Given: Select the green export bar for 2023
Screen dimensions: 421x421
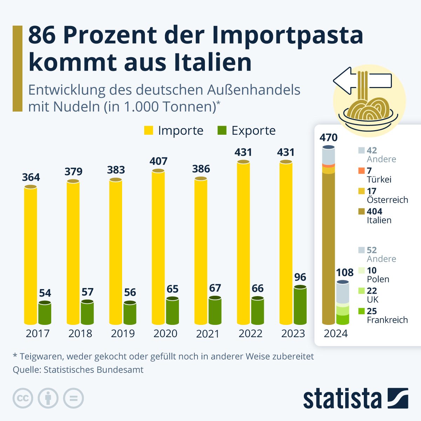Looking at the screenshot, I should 300,305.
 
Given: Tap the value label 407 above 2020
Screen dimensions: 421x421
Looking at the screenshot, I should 159,161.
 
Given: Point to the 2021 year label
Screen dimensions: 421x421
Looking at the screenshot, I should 208,333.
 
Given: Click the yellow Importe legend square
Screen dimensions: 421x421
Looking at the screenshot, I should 149,131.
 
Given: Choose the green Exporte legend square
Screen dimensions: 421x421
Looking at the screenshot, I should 222,131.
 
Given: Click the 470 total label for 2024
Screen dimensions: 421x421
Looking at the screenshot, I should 328,138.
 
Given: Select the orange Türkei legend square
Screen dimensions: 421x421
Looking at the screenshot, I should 361,171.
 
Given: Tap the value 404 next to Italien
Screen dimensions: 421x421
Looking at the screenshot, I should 374,212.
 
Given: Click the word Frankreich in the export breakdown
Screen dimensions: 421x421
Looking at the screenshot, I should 387,320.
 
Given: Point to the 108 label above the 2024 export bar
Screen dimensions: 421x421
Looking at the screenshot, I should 345,273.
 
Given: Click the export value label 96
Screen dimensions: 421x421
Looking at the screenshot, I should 300,277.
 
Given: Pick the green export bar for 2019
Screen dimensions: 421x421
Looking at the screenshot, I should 130,313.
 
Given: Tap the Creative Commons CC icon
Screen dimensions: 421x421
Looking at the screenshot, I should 23,398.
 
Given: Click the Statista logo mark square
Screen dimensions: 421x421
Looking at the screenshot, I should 398,398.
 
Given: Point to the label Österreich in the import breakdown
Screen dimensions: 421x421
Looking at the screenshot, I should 387,200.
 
